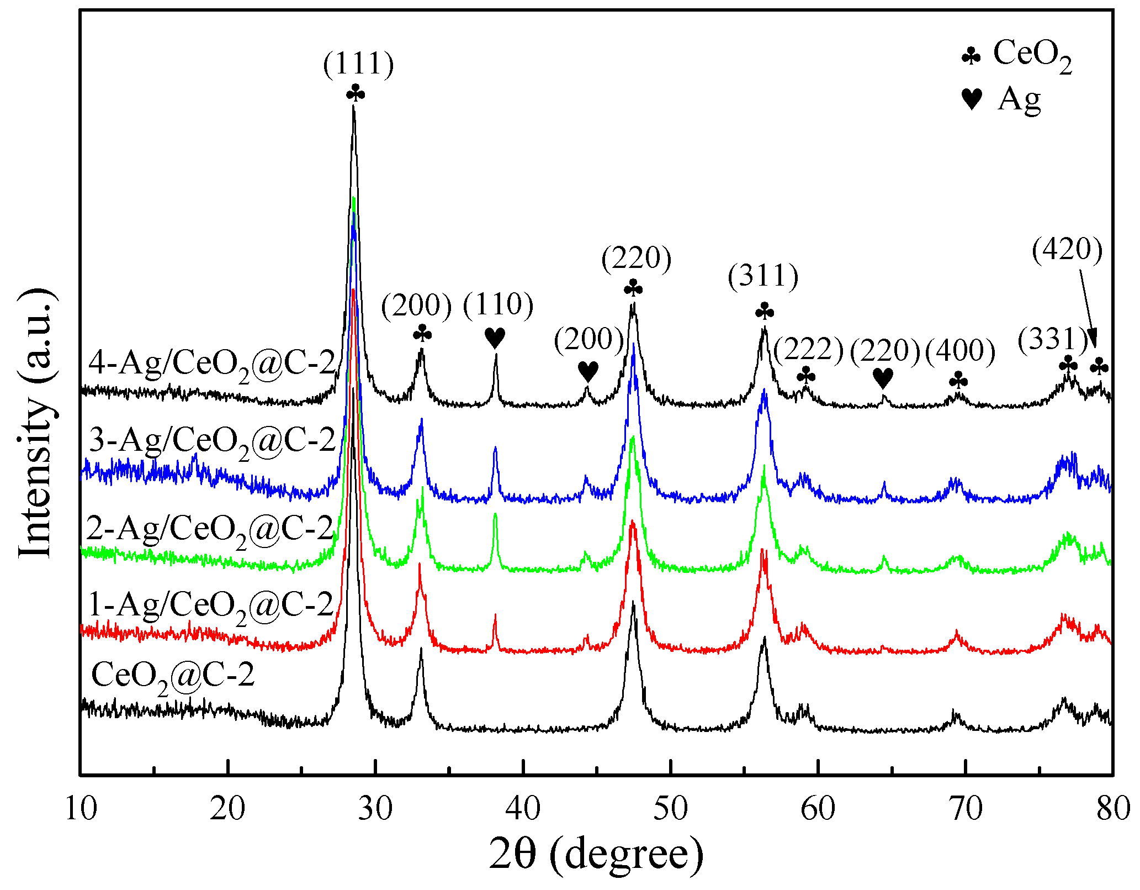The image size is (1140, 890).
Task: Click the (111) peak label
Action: pyautogui.click(x=358, y=64)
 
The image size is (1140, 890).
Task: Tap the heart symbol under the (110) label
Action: pyautogui.click(x=495, y=337)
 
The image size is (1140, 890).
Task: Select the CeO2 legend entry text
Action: pyautogui.click(x=1032, y=55)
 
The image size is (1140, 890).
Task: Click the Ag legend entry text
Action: pyautogui.click(x=1019, y=99)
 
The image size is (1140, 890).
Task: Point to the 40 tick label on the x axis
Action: pyautogui.click(x=523, y=809)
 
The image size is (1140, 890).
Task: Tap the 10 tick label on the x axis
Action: pyautogui.click(x=81, y=809)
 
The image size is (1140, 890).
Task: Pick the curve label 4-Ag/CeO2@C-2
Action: pyautogui.click(x=212, y=366)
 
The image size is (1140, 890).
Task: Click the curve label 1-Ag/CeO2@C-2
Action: pyautogui.click(x=211, y=607)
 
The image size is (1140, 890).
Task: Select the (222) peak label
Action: pyautogui.click(x=808, y=350)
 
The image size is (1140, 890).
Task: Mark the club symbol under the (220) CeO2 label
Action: pyautogui.click(x=633, y=288)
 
